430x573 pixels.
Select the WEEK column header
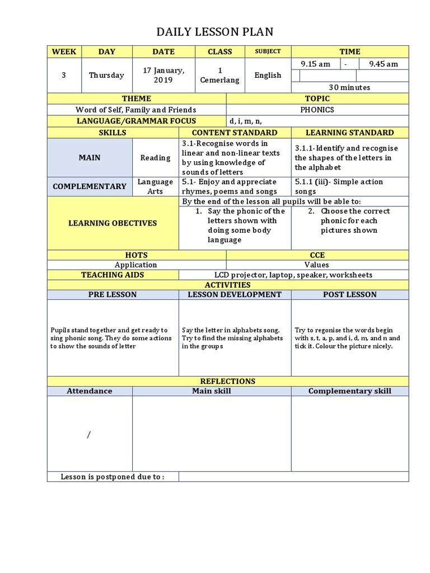coord(64,51)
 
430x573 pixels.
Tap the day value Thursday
coord(106,75)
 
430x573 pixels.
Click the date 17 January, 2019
coord(163,75)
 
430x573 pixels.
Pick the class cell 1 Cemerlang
coord(219,75)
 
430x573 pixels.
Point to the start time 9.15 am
coord(315,64)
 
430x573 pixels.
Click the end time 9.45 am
coord(383,64)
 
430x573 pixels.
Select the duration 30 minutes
coord(349,87)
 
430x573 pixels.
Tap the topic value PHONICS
coord(317,110)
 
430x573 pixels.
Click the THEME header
coord(136,98)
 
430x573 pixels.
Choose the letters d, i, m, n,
coord(245,121)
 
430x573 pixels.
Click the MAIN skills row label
coord(90,158)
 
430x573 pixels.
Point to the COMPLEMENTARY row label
coord(90,186)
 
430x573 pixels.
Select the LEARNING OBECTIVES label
coord(113,223)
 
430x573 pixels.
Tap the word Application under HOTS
coord(136,265)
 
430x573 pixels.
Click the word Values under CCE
coord(317,265)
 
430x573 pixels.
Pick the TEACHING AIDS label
coord(113,275)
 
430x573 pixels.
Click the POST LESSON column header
coord(349,294)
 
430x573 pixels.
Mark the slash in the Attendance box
coord(88,435)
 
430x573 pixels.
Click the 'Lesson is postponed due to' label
coord(113,477)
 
